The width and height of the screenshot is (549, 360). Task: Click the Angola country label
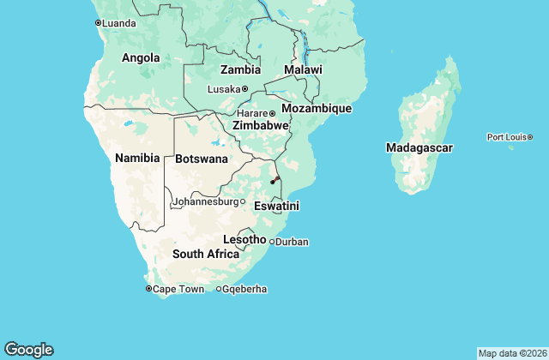click(x=141, y=58)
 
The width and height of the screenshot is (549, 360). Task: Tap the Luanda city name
click(x=118, y=23)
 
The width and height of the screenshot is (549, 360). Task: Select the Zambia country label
click(x=240, y=69)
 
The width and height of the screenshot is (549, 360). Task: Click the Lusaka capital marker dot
click(x=244, y=89)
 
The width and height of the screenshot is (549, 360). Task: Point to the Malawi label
click(x=303, y=69)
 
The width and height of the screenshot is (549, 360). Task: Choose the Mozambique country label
click(x=317, y=109)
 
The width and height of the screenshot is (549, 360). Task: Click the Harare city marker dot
click(x=272, y=114)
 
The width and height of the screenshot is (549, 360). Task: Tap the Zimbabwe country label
click(x=260, y=125)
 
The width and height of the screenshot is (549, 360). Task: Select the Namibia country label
click(x=137, y=158)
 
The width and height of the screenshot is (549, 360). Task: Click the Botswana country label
click(x=202, y=159)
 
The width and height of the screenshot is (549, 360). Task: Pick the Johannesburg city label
click(x=204, y=202)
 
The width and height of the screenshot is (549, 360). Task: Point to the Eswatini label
click(x=276, y=207)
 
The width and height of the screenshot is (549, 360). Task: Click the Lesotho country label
click(x=244, y=239)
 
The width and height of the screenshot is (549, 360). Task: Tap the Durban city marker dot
click(x=272, y=243)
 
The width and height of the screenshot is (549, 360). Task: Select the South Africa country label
click(x=206, y=254)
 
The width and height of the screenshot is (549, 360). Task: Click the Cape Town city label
click(x=179, y=290)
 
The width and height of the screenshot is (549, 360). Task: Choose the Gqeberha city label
click(x=244, y=290)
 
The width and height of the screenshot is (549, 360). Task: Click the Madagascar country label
click(x=419, y=147)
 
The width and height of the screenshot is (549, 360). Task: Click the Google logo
click(x=28, y=349)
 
